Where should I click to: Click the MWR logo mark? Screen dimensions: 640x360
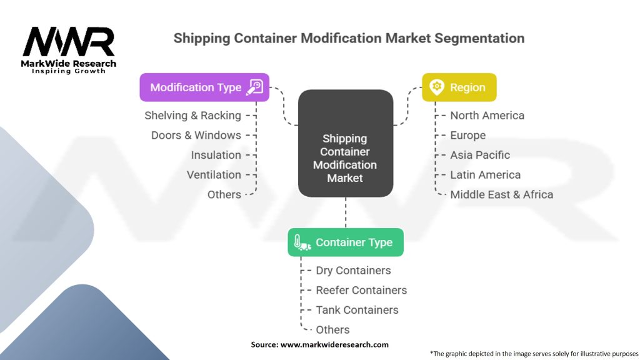(x=69, y=42)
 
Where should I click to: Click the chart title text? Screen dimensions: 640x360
(x=349, y=38)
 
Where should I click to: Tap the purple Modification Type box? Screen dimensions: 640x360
(x=204, y=87)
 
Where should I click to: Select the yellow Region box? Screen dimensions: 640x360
(x=459, y=87)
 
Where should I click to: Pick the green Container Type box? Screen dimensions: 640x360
(x=346, y=242)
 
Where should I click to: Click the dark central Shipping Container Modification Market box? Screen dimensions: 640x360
(x=346, y=143)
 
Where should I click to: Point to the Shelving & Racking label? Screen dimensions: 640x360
(x=192, y=116)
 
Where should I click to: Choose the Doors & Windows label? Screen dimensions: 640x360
(x=196, y=135)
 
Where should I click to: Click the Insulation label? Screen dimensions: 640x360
(x=216, y=155)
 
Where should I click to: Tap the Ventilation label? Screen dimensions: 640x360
(x=214, y=175)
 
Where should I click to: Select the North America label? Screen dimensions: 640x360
(x=487, y=116)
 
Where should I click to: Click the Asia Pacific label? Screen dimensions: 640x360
(x=480, y=155)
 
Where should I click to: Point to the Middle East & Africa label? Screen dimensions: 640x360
(x=502, y=194)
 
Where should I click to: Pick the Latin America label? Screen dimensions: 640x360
(x=485, y=175)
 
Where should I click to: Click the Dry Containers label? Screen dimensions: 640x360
(x=354, y=270)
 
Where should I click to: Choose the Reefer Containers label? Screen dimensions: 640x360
(x=362, y=290)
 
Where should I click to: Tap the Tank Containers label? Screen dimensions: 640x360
(x=357, y=310)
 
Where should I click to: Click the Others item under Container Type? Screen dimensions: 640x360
(x=332, y=329)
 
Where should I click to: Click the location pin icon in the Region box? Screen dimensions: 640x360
(x=437, y=87)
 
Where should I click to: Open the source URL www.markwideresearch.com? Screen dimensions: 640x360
(x=334, y=344)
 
